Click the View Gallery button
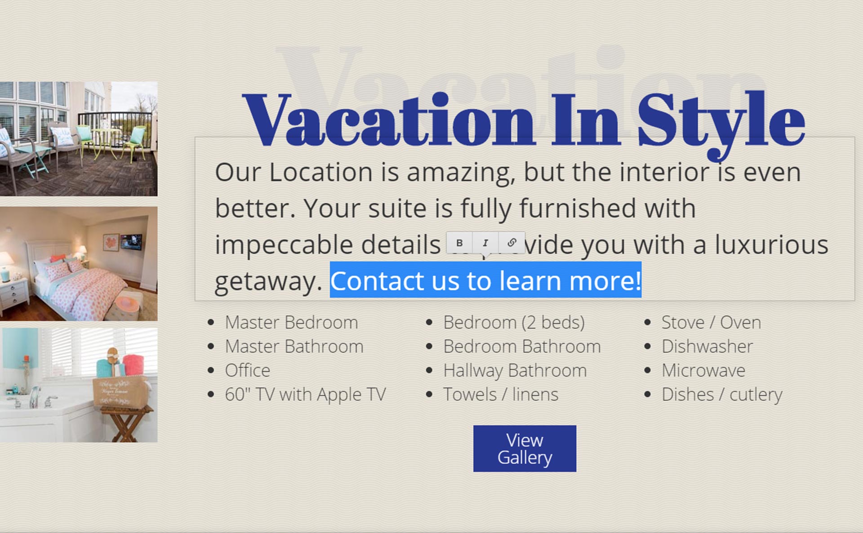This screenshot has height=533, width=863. tap(525, 449)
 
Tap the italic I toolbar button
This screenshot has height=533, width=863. tap(485, 243)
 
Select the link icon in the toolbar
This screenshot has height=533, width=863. tap(512, 243)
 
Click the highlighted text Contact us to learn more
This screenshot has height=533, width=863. tap(485, 280)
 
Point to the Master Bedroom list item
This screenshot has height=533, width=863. tap(291, 322)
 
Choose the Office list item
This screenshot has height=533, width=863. tap(248, 370)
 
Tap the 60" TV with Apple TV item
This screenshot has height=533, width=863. tap(305, 395)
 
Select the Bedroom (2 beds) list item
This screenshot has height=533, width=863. tap(514, 322)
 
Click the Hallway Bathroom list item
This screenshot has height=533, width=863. tap(515, 371)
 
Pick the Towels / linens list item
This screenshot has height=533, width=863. tap(501, 395)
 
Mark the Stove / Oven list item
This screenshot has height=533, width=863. tap(711, 322)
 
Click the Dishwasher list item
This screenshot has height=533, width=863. tap(707, 346)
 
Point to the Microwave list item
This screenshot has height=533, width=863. tap(703, 370)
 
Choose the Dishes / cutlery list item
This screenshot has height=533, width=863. tap(722, 395)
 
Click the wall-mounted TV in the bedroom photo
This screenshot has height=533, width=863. tap(131, 242)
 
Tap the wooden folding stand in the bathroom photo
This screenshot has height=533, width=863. tap(125, 423)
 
